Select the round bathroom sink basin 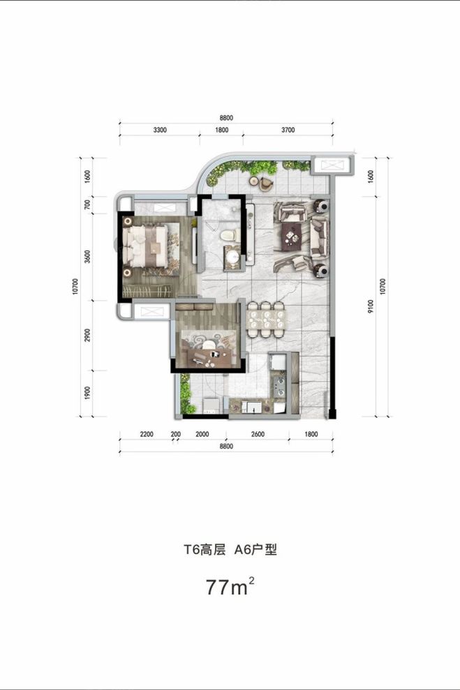coord(232,260)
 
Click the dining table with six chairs coord(268,318)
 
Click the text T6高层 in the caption coord(205,550)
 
